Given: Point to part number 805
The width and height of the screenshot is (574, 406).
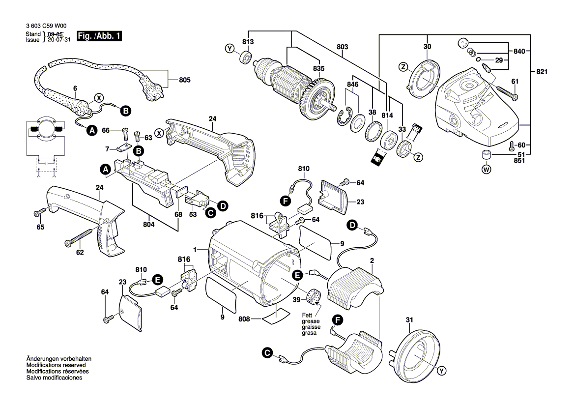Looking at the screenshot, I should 184,80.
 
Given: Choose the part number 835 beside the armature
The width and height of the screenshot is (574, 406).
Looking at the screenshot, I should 318,69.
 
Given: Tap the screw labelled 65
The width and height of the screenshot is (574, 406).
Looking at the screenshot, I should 40,212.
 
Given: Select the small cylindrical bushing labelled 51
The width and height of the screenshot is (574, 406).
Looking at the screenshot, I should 487,156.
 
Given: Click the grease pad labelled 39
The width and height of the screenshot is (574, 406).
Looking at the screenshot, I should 312,297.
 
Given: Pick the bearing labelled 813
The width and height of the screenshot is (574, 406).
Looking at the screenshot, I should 244,57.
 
